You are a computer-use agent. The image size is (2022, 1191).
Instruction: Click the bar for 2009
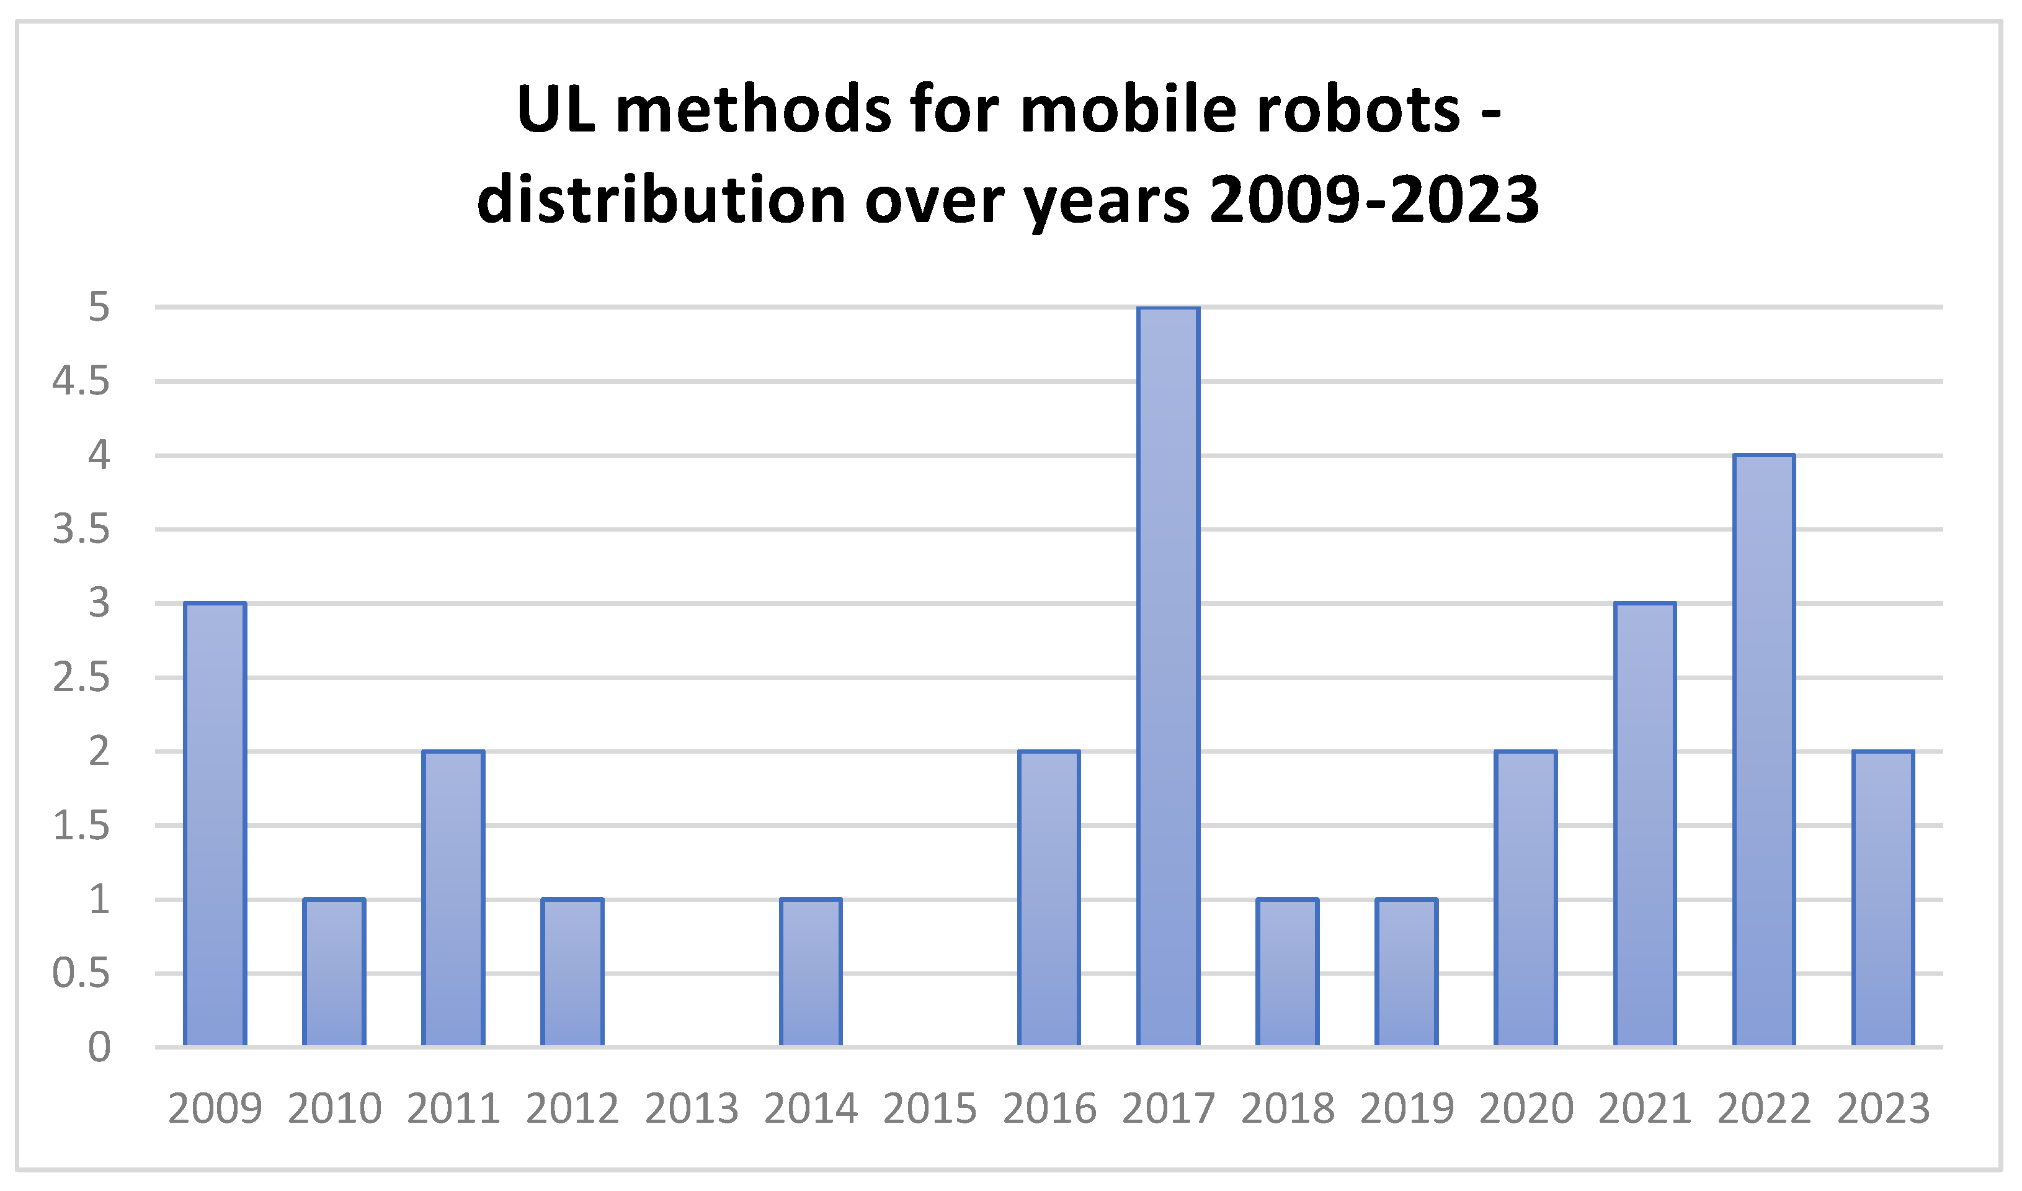point(215,824)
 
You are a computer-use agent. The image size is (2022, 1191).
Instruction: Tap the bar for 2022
point(1763,751)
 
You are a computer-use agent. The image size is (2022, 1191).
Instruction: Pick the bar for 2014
point(811,972)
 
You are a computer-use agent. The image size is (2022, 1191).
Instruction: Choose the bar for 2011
point(453,898)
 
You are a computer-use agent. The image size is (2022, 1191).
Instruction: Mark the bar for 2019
point(1407,972)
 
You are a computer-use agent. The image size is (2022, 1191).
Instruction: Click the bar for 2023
point(1882,898)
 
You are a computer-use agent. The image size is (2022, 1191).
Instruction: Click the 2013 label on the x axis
point(692,1109)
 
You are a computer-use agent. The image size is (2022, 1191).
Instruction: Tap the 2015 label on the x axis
point(930,1109)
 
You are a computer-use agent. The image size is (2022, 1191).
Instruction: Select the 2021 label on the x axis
point(1645,1109)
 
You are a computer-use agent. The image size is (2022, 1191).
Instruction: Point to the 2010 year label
point(334,1109)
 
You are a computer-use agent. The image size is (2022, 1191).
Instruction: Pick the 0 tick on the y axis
point(99,1047)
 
